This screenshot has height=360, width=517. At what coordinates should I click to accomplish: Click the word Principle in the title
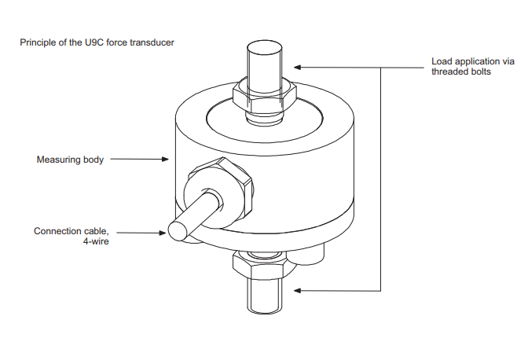point(37,42)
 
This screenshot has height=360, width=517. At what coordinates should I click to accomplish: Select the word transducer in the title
point(153,42)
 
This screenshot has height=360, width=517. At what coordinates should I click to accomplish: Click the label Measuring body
point(70,160)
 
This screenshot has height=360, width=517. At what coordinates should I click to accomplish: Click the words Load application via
point(468,61)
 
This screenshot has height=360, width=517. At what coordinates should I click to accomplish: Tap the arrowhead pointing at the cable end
point(164,233)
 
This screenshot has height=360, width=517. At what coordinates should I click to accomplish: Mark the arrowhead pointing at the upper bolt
point(297,68)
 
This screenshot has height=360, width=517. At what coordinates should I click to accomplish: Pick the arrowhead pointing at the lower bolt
point(297,291)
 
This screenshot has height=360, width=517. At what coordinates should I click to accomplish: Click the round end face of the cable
point(177,230)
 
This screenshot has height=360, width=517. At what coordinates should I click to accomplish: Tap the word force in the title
point(120,42)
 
